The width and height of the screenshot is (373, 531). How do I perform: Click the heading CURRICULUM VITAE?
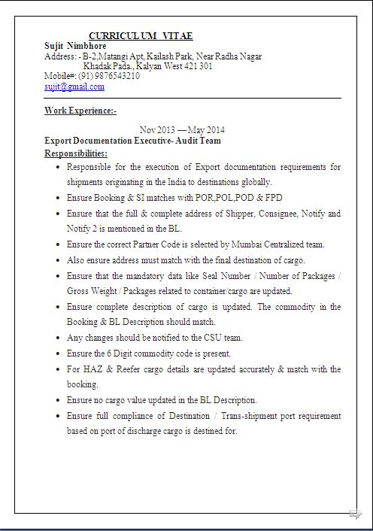pyautogui.click(x=141, y=35)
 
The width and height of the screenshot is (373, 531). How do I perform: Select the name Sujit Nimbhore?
pyautogui.click(x=75, y=46)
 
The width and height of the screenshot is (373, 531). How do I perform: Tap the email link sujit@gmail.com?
pyautogui.click(x=74, y=86)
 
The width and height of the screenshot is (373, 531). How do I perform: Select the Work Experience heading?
pyautogui.click(x=80, y=111)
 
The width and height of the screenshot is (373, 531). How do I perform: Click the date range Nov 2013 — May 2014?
pyautogui.click(x=182, y=129)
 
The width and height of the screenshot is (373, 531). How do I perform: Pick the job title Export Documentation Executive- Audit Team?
pyautogui.click(x=132, y=141)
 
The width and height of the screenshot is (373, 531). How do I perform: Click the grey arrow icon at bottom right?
pyautogui.click(x=356, y=514)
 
